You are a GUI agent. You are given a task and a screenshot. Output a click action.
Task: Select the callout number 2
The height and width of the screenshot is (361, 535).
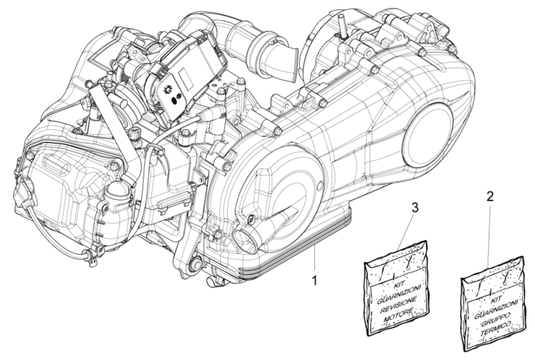[x=490, y=196]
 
